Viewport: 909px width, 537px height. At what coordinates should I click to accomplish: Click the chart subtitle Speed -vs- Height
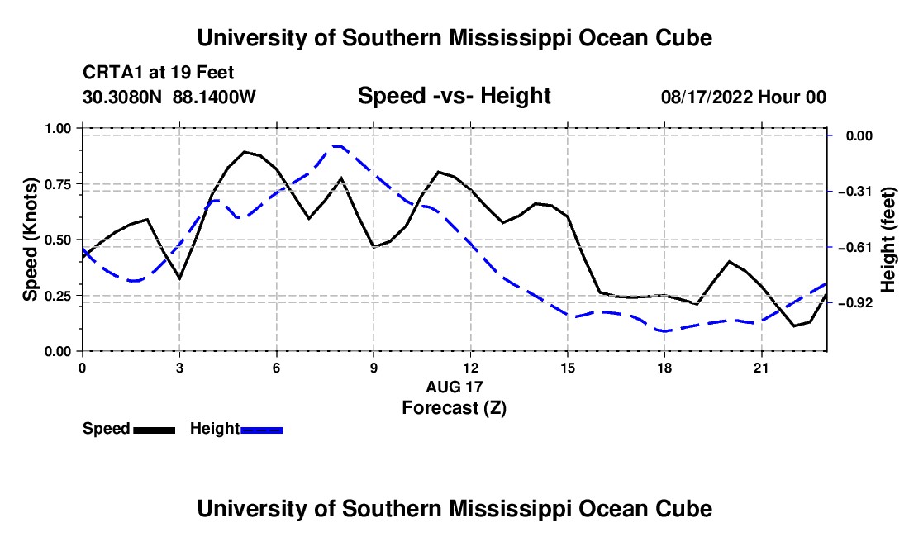454,96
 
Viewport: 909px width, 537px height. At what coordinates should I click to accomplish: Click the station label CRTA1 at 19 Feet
159,73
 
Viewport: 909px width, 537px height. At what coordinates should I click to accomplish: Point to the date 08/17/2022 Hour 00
744,97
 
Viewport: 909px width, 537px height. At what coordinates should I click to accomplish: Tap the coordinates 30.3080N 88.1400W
169,97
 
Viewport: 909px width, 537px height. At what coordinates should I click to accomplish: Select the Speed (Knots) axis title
30,240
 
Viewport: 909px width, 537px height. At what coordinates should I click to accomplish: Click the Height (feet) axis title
888,240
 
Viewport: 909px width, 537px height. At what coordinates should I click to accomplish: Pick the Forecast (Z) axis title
454,408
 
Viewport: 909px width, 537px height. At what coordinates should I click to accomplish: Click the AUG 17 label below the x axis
454,387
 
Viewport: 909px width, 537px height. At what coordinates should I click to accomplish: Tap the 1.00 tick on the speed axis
57,128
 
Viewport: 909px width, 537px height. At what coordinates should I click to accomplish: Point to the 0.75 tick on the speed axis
57,184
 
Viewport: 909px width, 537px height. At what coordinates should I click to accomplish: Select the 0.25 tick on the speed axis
57,296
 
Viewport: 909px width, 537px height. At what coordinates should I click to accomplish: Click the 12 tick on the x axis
471,368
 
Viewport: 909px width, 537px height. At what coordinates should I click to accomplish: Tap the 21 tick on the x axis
761,368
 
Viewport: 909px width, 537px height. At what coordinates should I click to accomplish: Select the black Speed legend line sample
154,430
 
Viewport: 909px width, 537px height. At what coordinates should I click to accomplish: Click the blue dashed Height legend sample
261,430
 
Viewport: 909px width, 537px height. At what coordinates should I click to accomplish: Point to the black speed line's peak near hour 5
244,152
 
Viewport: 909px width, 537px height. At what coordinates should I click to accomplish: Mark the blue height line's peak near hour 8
337,146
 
